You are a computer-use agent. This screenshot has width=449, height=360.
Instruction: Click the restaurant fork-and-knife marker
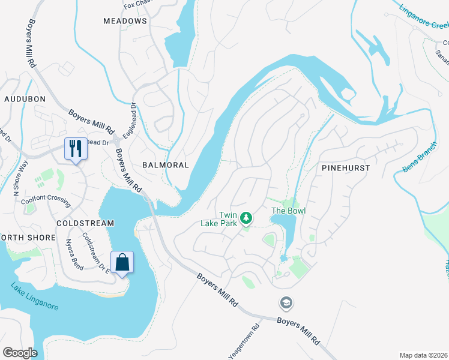point(76,148)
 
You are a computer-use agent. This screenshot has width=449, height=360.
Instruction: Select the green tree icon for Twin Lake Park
point(246,218)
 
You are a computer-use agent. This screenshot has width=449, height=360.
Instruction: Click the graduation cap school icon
point(285,302)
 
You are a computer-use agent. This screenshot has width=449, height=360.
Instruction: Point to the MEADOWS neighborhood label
point(125,21)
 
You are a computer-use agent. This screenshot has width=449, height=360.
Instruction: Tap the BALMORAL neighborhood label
point(165,164)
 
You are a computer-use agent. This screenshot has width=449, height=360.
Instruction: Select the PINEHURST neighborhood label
point(346,169)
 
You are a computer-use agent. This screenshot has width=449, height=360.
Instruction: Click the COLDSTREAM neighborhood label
point(85,223)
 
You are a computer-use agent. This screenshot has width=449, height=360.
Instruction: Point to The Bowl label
point(289,211)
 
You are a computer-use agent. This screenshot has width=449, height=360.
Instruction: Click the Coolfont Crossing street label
point(46,201)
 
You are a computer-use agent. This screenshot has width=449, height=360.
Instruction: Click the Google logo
point(20,352)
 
